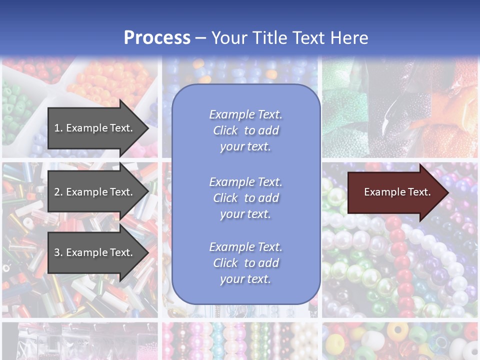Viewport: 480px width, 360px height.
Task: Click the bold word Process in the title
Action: tap(157, 38)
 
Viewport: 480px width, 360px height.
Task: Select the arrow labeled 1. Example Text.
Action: tap(95, 128)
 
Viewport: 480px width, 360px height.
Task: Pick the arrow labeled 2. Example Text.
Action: tap(95, 192)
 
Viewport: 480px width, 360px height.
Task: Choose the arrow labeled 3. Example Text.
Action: tap(95, 252)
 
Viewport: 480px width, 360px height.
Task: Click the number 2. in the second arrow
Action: tap(58, 192)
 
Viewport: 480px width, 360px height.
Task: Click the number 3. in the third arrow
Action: tap(58, 252)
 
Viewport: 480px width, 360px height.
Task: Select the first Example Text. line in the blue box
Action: tap(245, 114)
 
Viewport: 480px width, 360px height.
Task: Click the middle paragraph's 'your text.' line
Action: tap(245, 214)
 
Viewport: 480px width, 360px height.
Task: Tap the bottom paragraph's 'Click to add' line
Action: tap(245, 263)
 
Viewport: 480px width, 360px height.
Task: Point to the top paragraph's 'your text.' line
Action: tap(245, 146)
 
